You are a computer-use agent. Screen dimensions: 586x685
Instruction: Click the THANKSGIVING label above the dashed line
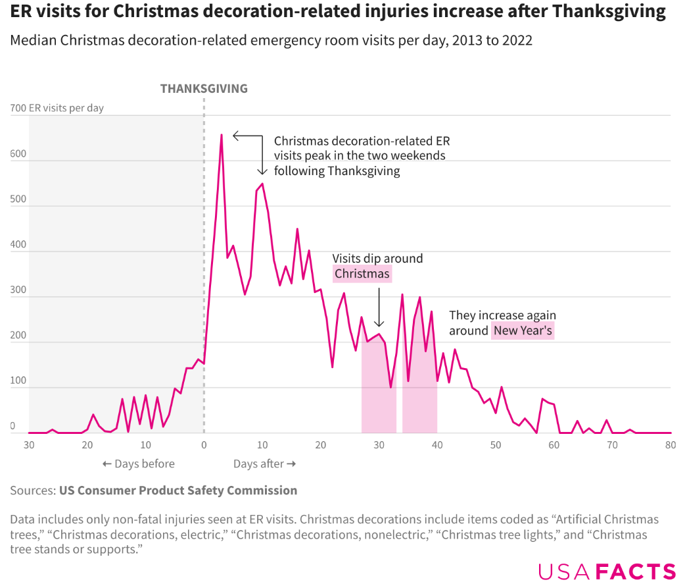204,88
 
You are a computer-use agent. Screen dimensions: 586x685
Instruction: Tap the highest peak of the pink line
221,135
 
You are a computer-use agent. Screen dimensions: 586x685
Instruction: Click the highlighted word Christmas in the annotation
362,274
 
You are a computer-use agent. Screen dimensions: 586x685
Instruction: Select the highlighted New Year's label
523,331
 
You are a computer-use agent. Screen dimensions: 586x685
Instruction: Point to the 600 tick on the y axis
17,154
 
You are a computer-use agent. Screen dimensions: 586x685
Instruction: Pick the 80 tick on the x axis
671,444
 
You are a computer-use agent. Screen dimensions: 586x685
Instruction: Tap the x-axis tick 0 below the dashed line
204,444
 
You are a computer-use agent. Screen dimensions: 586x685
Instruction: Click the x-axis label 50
496,444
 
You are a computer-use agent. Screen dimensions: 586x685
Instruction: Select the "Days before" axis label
139,464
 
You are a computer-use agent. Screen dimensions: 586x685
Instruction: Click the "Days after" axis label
264,464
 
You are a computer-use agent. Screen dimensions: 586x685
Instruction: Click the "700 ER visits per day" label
57,108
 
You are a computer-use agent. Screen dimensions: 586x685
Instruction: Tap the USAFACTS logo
607,571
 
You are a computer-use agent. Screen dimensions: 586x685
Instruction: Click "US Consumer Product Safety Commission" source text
178,490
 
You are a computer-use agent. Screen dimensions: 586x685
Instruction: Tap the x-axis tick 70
612,444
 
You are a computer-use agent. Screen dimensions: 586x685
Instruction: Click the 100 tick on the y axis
17,381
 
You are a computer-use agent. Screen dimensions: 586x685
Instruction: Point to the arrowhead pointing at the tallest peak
235,136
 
